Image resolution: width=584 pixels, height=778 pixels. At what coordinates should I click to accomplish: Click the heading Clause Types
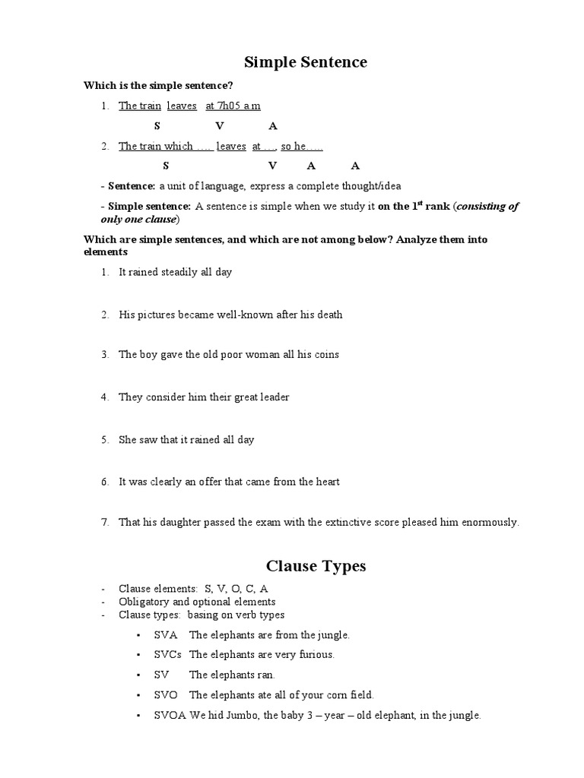pyautogui.click(x=316, y=566)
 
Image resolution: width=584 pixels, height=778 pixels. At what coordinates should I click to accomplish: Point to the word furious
pyautogui.click(x=316, y=654)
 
